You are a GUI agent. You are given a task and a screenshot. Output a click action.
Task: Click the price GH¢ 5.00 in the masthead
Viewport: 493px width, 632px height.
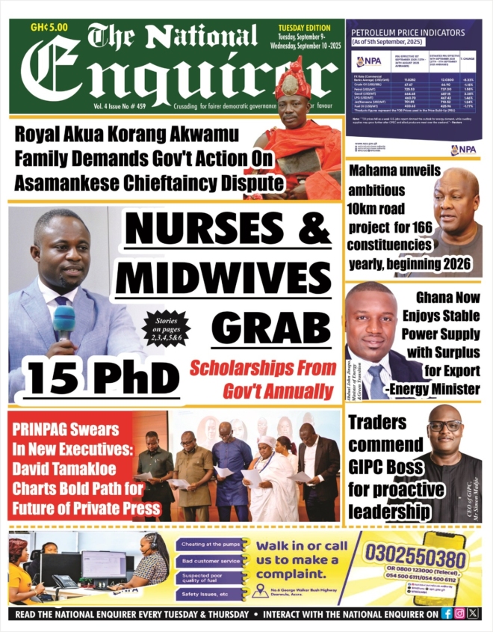(49, 26)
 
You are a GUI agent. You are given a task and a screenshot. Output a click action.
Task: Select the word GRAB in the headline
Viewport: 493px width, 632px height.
(271, 327)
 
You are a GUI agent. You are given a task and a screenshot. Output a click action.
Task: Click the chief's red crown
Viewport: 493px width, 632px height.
(292, 78)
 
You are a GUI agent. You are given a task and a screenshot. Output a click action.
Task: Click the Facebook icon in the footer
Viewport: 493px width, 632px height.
(447, 613)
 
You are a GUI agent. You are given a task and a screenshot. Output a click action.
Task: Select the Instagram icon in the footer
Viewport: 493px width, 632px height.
(459, 613)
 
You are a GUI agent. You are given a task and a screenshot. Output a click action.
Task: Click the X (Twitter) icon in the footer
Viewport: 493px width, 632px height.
(472, 613)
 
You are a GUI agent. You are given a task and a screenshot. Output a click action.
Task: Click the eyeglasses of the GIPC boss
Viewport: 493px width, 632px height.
(445, 426)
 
